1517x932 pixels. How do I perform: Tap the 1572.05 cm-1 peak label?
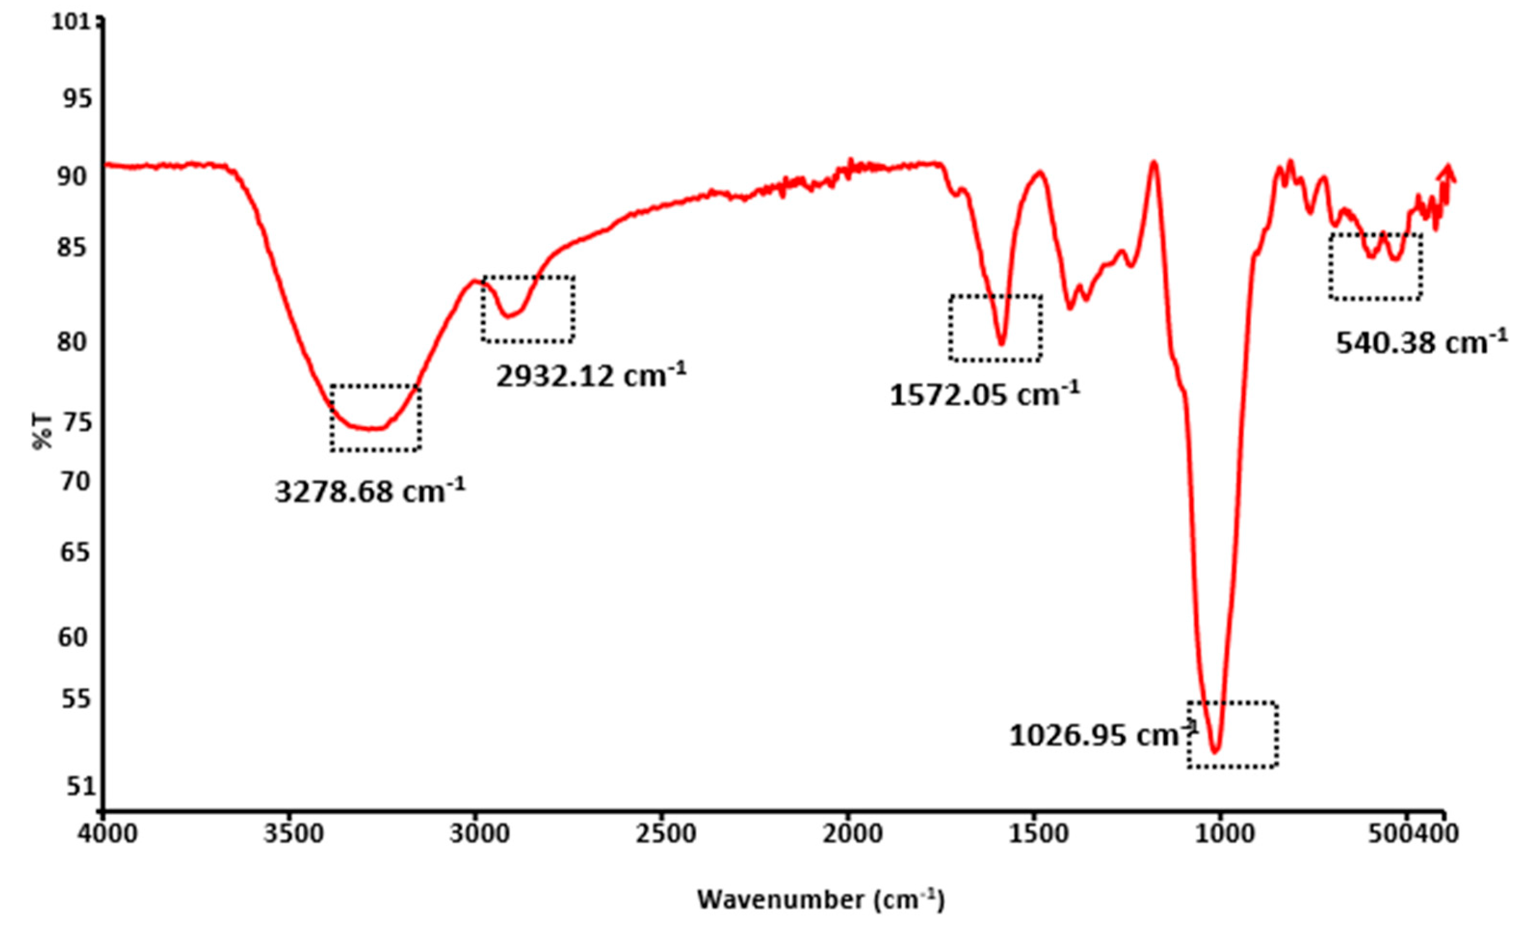tap(984, 394)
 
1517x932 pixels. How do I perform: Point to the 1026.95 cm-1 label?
tap(1103, 735)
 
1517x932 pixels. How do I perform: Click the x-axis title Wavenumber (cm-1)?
tap(820, 900)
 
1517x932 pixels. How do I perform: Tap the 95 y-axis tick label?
tap(76, 99)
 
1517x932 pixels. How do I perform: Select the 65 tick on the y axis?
tap(75, 553)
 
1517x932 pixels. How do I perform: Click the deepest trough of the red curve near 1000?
tap(1215, 751)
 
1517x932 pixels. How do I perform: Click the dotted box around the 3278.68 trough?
tap(375, 418)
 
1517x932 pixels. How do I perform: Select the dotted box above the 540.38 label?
tap(1375, 266)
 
